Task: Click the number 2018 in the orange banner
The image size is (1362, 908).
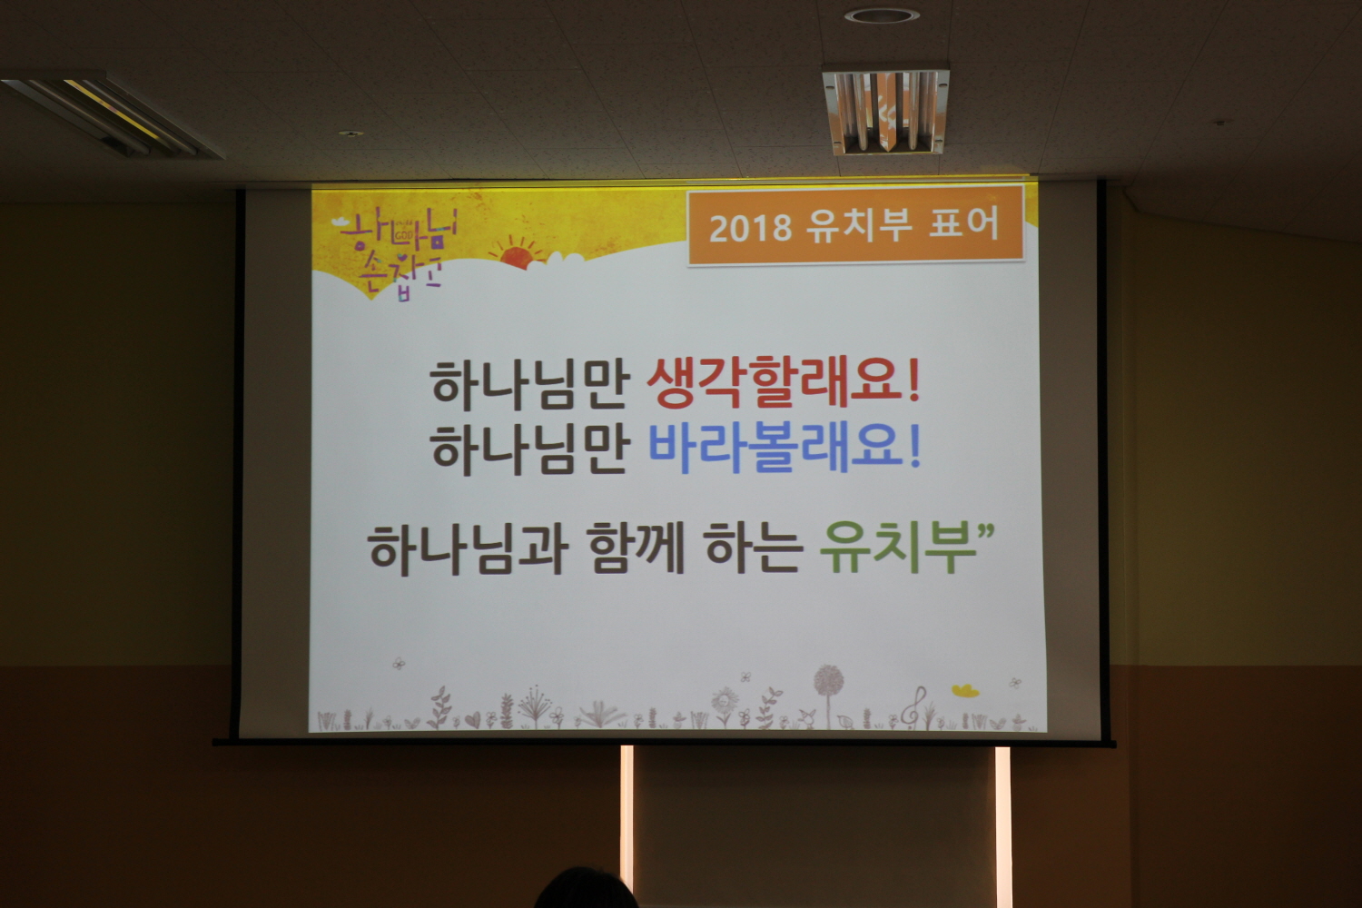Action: pos(750,228)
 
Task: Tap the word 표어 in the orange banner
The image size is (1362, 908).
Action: pos(964,224)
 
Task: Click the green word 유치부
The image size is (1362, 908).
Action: pos(897,548)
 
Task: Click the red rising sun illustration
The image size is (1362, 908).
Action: pos(518,253)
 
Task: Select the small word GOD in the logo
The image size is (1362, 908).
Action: pos(404,235)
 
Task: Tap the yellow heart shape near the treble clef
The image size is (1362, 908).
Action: pos(965,690)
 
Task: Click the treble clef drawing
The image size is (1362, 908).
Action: pos(913,707)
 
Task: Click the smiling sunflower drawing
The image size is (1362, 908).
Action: pos(725,706)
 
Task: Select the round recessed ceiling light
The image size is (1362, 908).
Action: pos(882,15)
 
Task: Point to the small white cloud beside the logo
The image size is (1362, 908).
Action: pos(342,222)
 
